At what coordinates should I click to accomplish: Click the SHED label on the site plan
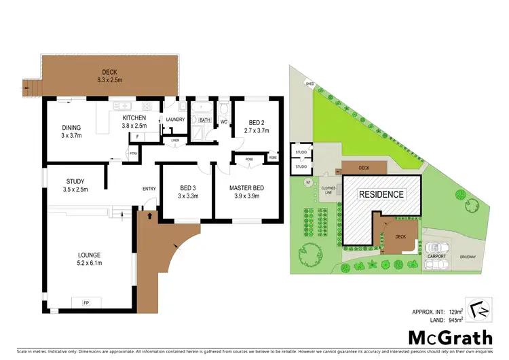click(x=309, y=84)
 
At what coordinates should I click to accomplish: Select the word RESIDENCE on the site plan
click(x=381, y=194)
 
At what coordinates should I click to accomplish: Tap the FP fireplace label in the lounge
click(x=86, y=302)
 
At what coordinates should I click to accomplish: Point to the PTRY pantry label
click(x=115, y=154)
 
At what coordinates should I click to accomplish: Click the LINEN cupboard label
click(x=175, y=141)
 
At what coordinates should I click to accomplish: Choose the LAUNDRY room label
click(x=175, y=120)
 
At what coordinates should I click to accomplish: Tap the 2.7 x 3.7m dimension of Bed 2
click(x=257, y=130)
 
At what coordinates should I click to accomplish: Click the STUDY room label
click(x=75, y=181)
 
